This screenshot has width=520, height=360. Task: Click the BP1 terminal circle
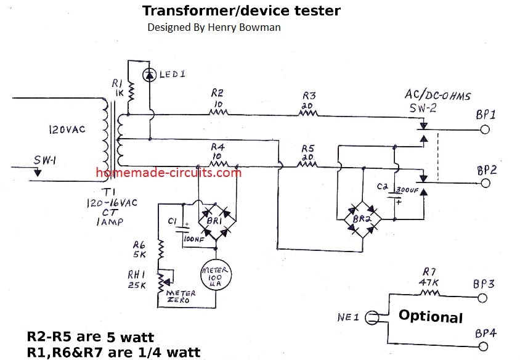[x=485, y=130]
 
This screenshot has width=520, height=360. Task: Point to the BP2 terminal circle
[x=485, y=183]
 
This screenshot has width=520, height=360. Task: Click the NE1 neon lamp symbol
[x=372, y=318]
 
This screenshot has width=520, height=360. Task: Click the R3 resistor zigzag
[x=309, y=113]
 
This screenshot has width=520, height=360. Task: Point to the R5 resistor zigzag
[x=307, y=165]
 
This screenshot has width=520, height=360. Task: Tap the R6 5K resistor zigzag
[x=161, y=249]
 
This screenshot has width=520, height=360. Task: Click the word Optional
[x=430, y=316]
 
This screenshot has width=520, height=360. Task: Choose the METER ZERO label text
[x=179, y=297]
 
